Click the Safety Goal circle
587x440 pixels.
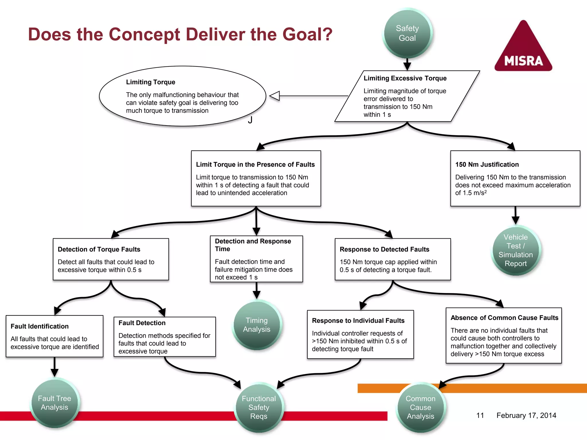pyautogui.click(x=407, y=33)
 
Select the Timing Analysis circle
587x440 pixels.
pyautogui.click(x=257, y=325)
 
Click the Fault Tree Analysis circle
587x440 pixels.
pyautogui.click(x=54, y=403)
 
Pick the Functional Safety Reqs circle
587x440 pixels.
pyautogui.click(x=259, y=407)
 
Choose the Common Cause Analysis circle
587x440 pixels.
pyautogui.click(x=420, y=407)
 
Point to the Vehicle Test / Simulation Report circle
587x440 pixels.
pyautogui.click(x=515, y=250)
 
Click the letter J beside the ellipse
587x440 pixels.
pyautogui.click(x=250, y=120)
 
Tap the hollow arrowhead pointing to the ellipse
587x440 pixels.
pyautogui.click(x=275, y=96)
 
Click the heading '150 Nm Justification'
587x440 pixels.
pyautogui.click(x=487, y=164)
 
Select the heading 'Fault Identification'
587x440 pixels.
pyautogui.click(x=40, y=326)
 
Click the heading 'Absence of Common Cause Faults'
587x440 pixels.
pyautogui.click(x=504, y=318)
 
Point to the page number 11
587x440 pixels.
pyautogui.click(x=480, y=415)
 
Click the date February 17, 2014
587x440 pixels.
pyautogui.click(x=526, y=415)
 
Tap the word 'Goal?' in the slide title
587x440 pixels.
pyautogui.click(x=307, y=34)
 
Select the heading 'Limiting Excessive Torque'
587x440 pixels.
pyautogui.click(x=405, y=78)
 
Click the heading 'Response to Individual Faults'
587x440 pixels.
pyautogui.click(x=358, y=321)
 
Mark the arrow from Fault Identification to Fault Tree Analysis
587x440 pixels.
pyautogui.click(x=54, y=367)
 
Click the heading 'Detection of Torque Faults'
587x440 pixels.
pyautogui.click(x=99, y=249)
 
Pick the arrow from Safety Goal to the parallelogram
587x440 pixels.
pyautogui.click(x=407, y=64)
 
